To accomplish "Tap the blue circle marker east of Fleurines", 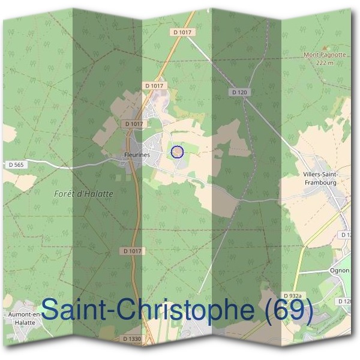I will (x=176, y=152).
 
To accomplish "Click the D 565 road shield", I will (x=16, y=164).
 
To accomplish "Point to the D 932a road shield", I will (x=293, y=296).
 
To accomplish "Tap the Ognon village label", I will (x=340, y=270).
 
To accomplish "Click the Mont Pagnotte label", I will (x=325, y=55).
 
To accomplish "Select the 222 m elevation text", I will (x=325, y=62).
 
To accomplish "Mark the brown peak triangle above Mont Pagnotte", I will (x=325, y=47).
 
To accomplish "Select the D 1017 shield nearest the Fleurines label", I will (x=134, y=124).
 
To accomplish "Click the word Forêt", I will (x=64, y=194).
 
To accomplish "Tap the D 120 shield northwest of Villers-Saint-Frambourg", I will (x=239, y=92).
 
